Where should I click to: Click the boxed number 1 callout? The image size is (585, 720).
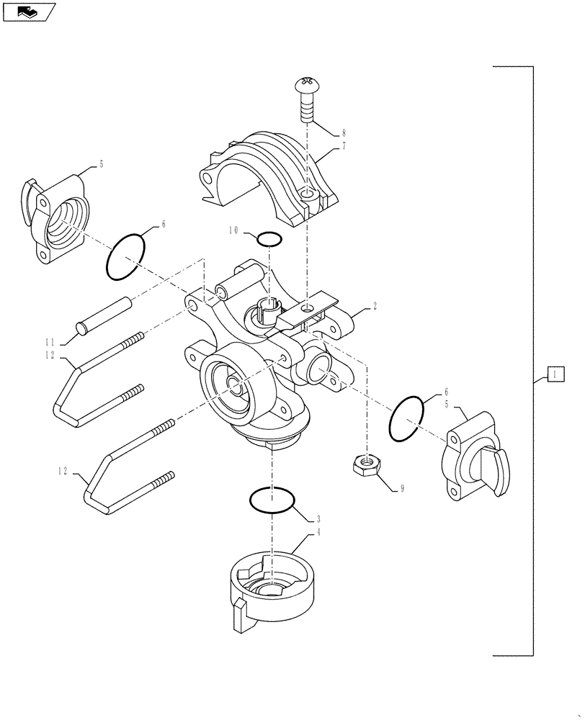tap(555, 374)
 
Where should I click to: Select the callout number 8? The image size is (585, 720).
tap(344, 133)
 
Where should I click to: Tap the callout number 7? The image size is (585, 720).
tap(344, 146)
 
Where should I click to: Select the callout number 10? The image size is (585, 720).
tap(234, 231)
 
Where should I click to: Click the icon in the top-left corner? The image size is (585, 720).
tap(29, 11)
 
